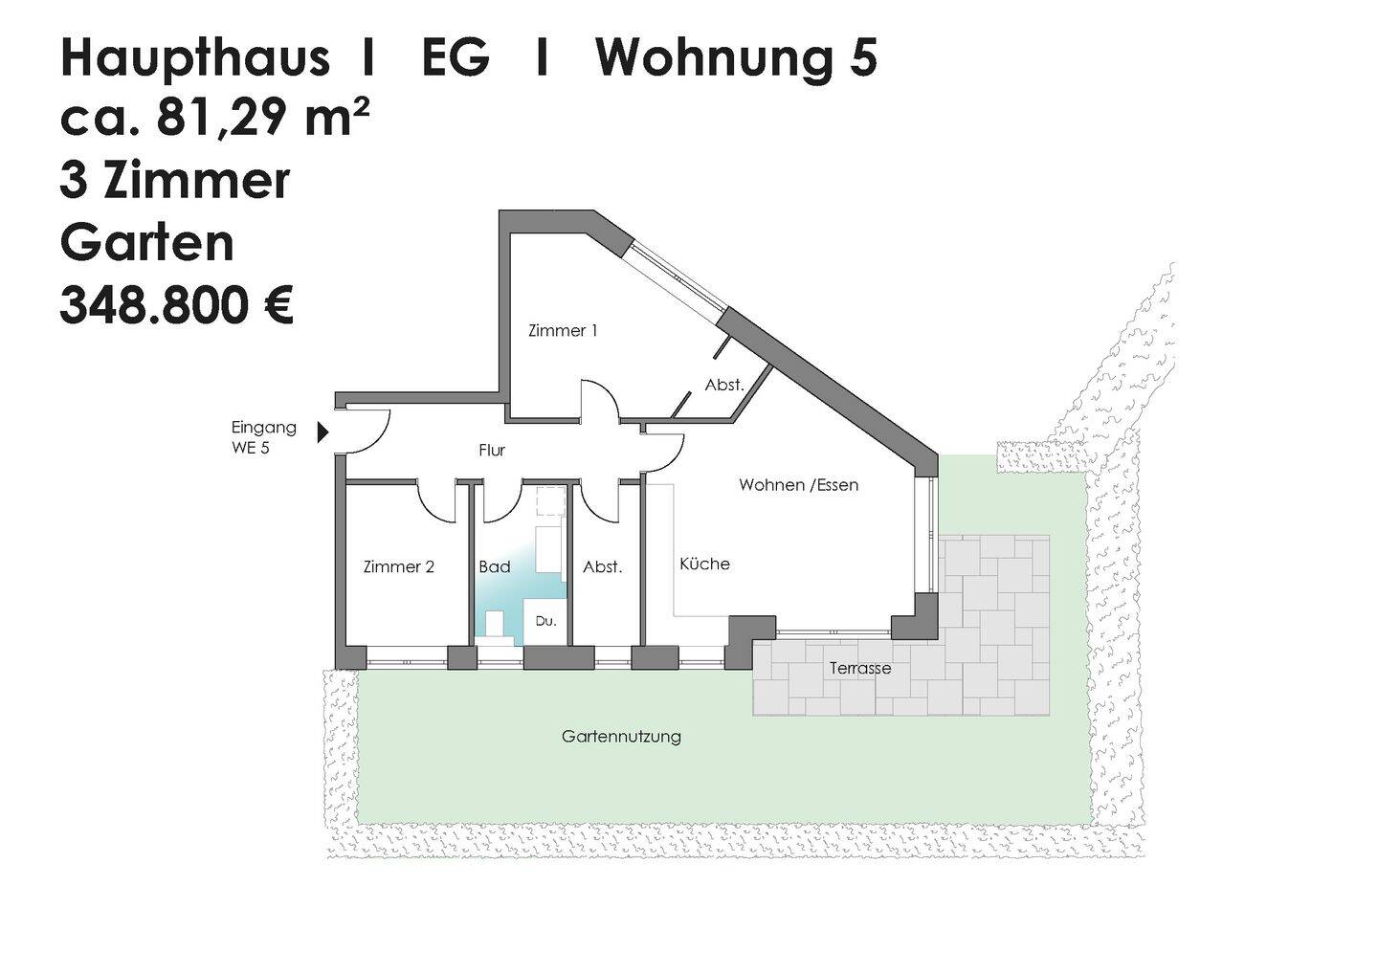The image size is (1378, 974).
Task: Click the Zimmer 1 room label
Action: pyautogui.click(x=563, y=331)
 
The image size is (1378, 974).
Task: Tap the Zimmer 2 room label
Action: pyautogui.click(x=399, y=566)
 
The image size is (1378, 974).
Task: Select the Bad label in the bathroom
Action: pyautogui.click(x=495, y=567)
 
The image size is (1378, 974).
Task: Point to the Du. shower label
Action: pyautogui.click(x=545, y=621)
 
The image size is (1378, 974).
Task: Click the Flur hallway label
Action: pyautogui.click(x=492, y=450)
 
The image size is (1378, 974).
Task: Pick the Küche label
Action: pyautogui.click(x=704, y=564)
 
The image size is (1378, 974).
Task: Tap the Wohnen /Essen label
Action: pyautogui.click(x=798, y=485)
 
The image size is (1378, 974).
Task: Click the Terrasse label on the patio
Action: pyautogui.click(x=859, y=668)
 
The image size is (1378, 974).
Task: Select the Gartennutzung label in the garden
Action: pyautogui.click(x=621, y=737)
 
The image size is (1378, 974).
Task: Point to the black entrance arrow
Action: pyautogui.click(x=322, y=432)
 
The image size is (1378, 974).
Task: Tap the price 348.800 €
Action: pyautogui.click(x=176, y=306)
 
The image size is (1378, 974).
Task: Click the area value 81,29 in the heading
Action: pyautogui.click(x=216, y=120)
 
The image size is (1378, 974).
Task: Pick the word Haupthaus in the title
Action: pyautogui.click(x=195, y=59)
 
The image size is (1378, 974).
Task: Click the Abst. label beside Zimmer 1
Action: pyautogui.click(x=724, y=385)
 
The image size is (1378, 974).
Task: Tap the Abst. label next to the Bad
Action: pyautogui.click(x=603, y=567)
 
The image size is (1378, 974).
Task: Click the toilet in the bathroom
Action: pyautogui.click(x=495, y=625)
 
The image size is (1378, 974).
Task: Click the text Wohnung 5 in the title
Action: pyautogui.click(x=736, y=59)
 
